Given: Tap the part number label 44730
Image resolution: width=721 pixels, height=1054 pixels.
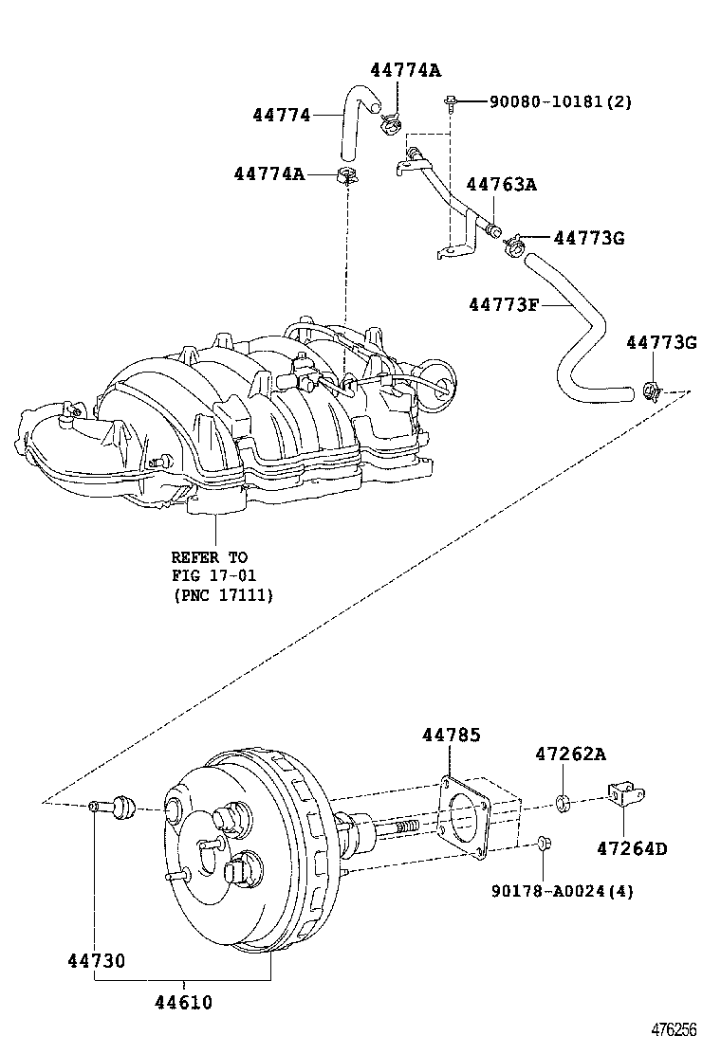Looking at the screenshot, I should point(96,961).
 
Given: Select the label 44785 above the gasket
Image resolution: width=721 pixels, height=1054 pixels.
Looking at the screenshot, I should point(451,736).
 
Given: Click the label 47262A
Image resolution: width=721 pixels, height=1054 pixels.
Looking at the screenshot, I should point(569,754).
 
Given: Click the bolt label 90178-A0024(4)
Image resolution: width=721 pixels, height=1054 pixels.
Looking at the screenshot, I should point(563,891).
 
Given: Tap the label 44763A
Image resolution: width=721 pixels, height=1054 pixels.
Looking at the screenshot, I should point(500,185).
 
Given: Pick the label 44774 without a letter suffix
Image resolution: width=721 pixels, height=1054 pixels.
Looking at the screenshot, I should point(282,115).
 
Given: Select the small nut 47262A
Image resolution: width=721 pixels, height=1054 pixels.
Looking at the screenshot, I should point(562,805).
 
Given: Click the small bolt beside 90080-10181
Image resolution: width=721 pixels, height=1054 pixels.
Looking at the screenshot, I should point(451,100).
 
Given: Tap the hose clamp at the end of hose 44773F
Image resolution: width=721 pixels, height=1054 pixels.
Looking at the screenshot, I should point(652,388).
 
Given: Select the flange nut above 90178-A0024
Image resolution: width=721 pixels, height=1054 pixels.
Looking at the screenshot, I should point(542,842).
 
